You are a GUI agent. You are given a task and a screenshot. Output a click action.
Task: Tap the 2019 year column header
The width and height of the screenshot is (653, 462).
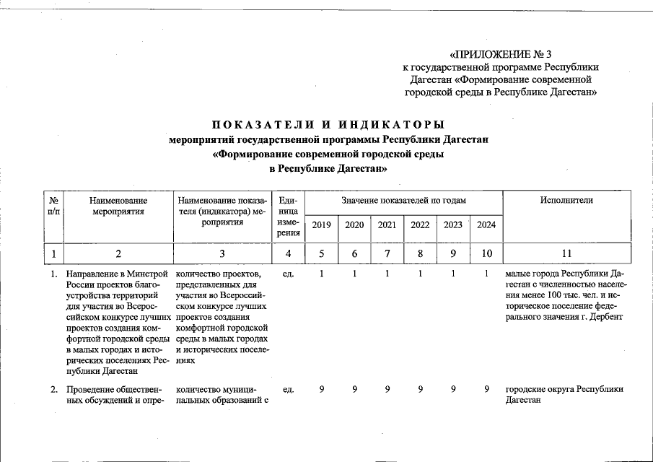pyautogui.click(x=321, y=225)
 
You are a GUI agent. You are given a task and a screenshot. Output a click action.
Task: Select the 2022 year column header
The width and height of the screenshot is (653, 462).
pyautogui.click(x=420, y=225)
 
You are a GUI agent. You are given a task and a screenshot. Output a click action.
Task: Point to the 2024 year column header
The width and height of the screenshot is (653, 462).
pyautogui.click(x=486, y=225)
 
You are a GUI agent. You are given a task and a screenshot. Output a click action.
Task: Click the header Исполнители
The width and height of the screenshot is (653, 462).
pyautogui.click(x=566, y=200)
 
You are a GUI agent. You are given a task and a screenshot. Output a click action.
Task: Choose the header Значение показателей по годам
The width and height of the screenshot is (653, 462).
pyautogui.click(x=404, y=200)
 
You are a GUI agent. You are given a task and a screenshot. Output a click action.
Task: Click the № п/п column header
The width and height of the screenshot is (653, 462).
pyautogui.click(x=53, y=206)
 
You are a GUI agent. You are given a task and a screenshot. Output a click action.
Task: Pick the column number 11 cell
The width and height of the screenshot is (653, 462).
pyautogui.click(x=566, y=253)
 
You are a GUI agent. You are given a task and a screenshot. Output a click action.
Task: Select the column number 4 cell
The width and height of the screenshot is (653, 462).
pyautogui.click(x=289, y=253)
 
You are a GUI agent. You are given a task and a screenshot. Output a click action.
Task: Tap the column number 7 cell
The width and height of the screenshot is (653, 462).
pyautogui.click(x=387, y=253)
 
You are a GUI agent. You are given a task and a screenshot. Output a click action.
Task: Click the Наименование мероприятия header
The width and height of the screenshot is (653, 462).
pyautogui.click(x=119, y=206)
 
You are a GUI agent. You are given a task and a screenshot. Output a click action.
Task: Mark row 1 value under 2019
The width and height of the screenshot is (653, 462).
pyautogui.click(x=322, y=274)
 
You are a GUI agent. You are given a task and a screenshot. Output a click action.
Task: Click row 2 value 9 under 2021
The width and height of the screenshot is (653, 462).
pyautogui.click(x=387, y=390)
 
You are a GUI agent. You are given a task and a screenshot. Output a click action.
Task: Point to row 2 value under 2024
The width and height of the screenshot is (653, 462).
pyautogui.click(x=487, y=390)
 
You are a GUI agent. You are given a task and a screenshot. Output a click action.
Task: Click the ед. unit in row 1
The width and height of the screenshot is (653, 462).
pyautogui.click(x=289, y=274)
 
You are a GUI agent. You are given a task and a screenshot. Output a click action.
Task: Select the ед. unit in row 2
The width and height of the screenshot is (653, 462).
pyautogui.click(x=289, y=390)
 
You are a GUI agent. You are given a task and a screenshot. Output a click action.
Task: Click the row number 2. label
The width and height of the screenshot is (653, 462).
pyautogui.click(x=54, y=390)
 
